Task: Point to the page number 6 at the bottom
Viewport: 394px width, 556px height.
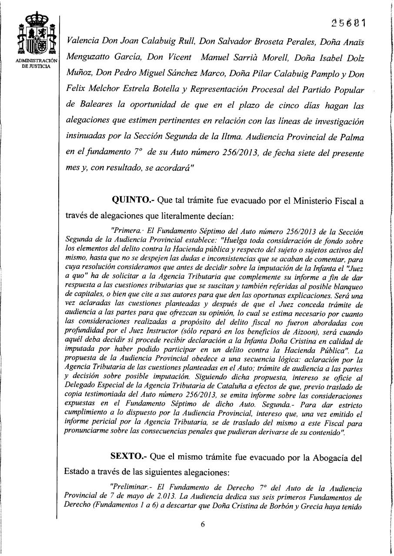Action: pyautogui.click(x=203, y=524)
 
